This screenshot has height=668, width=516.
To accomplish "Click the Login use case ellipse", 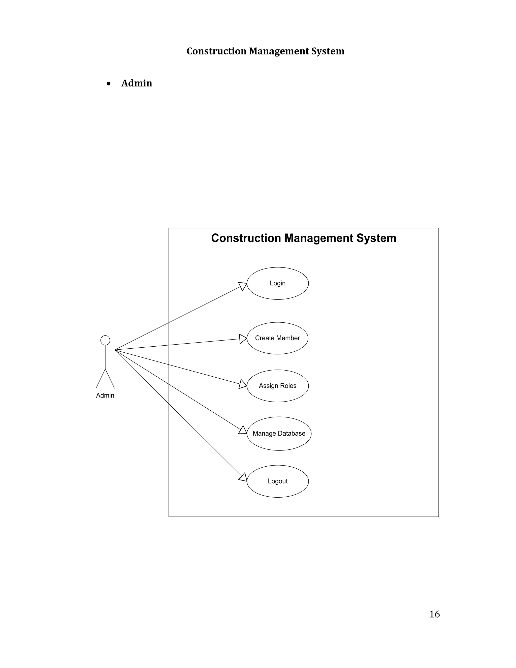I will [278, 283].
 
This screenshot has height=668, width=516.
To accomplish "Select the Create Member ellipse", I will [277, 338].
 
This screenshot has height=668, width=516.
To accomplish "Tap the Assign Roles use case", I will [278, 386].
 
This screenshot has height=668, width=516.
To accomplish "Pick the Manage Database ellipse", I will [279, 433].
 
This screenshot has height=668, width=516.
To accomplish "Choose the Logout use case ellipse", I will [278, 481].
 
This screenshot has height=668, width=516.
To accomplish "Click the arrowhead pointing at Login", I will [243, 286].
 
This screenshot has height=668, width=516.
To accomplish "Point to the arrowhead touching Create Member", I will [243, 339].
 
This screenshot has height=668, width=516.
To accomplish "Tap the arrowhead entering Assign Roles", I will [243, 384].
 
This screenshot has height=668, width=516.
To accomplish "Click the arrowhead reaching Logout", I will [243, 477].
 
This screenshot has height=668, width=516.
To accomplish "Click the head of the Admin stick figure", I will [105, 340].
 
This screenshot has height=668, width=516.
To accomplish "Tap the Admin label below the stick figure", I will [105, 396].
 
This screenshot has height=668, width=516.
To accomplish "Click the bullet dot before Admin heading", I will [109, 83].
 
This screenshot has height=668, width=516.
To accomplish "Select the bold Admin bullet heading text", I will [137, 83].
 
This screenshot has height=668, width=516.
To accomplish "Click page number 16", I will [434, 614].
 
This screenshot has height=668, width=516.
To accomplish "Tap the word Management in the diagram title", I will [319, 238].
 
